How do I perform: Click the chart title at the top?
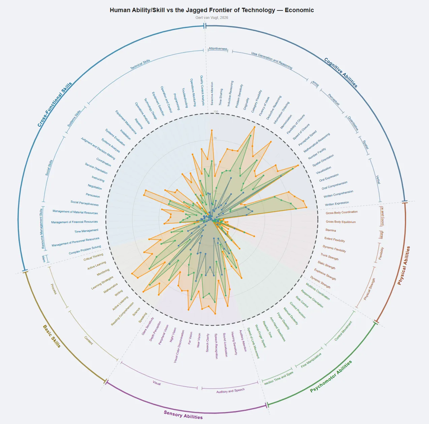(211, 10)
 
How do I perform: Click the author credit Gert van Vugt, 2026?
(211, 18)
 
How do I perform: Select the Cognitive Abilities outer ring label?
(340, 72)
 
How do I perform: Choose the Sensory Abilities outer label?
(183, 415)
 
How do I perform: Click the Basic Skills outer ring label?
(52, 336)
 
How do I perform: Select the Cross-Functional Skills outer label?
(55, 104)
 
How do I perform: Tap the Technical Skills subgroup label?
(140, 64)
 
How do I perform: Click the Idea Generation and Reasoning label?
(271, 60)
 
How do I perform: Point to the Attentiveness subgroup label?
(218, 49)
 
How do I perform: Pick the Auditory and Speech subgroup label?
(230, 391)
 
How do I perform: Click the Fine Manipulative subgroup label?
(311, 360)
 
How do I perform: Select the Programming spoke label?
(177, 101)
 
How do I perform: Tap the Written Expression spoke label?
(337, 203)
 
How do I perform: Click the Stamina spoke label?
(331, 230)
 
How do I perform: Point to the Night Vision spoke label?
(173, 335)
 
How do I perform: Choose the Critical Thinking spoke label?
(93, 257)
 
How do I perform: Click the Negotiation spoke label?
(95, 187)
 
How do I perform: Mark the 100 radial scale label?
(216, 111)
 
